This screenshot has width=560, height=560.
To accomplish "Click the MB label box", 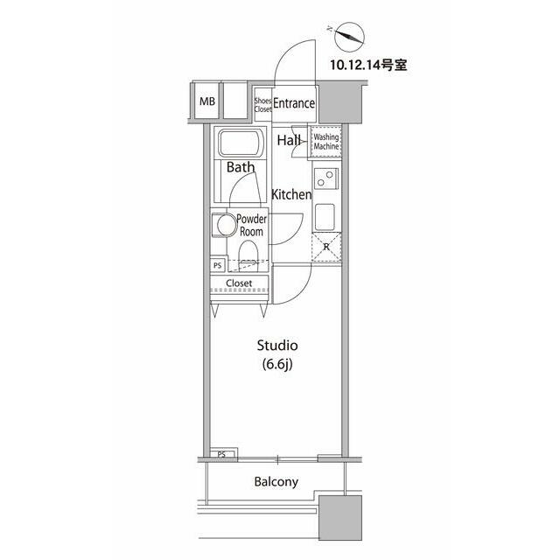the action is coord(206,101).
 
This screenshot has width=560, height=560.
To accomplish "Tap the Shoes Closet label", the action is coord(262,105).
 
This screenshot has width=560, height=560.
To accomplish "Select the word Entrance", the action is coord(294,103).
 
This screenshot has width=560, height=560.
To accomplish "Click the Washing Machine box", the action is coord(325,142).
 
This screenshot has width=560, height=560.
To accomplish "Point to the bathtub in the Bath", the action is coord(241,143).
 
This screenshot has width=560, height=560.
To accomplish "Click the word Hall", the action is coord(289,140).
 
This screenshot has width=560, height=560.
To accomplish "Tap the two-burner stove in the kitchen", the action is coord(326,178).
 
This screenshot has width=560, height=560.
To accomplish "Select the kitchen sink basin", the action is coord(325,217).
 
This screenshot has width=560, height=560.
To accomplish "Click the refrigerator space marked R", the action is coord(326,247).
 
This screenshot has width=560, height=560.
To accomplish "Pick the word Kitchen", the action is coord(291,194).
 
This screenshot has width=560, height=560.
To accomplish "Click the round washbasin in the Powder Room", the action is coord(227,225).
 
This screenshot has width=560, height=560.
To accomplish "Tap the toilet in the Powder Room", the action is coord(248,254).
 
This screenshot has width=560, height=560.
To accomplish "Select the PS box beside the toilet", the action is coord(218,265).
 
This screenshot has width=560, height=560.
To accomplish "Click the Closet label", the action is coord(239,283).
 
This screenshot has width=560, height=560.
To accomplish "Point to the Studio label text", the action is coord(277,346).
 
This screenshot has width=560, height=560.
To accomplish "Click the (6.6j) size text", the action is coord(277,365).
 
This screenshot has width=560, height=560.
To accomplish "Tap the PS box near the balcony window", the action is coord(222,454).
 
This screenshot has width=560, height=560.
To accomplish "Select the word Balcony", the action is coord(276,482).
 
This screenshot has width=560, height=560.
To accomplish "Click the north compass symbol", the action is coord(349,37).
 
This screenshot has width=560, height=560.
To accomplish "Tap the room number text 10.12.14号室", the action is coord(368,65).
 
